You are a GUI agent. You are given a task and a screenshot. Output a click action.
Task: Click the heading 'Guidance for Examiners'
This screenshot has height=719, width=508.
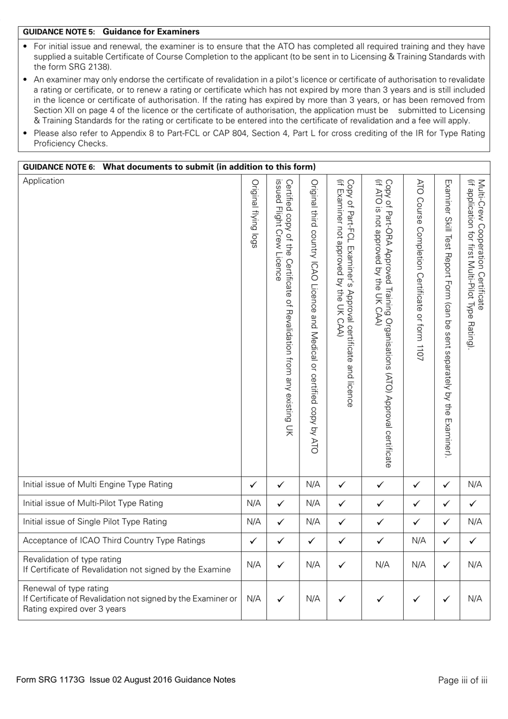151,32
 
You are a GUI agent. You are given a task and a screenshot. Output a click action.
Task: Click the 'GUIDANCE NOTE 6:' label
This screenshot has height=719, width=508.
59,166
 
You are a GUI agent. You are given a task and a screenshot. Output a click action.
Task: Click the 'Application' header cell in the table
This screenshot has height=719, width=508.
43,181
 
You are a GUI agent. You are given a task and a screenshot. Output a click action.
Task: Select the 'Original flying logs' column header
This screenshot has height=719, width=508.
254,214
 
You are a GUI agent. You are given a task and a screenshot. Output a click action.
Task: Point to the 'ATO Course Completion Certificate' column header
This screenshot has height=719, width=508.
419,268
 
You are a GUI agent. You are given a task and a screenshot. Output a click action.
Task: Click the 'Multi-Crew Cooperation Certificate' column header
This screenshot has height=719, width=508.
475,262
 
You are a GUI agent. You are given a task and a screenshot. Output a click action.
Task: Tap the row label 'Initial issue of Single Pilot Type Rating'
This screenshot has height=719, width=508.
95,522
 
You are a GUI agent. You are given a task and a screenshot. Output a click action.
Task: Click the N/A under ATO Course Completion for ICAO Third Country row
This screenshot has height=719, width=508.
419,541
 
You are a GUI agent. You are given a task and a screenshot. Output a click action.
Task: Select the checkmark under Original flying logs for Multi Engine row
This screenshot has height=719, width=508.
253,485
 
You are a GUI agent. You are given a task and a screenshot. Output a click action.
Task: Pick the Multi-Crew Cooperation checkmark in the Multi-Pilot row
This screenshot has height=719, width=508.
474,504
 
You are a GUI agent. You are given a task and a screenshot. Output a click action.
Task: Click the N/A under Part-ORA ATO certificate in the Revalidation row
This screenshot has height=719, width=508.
382,565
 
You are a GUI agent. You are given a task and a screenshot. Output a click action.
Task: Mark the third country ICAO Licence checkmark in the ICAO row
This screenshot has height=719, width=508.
313,541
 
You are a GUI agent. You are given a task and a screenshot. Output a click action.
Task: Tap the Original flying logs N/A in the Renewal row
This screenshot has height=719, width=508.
253,599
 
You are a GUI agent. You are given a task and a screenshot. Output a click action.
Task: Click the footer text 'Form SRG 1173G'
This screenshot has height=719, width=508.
51,680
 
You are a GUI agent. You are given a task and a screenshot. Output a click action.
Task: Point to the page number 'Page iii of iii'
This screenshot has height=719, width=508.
462,680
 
